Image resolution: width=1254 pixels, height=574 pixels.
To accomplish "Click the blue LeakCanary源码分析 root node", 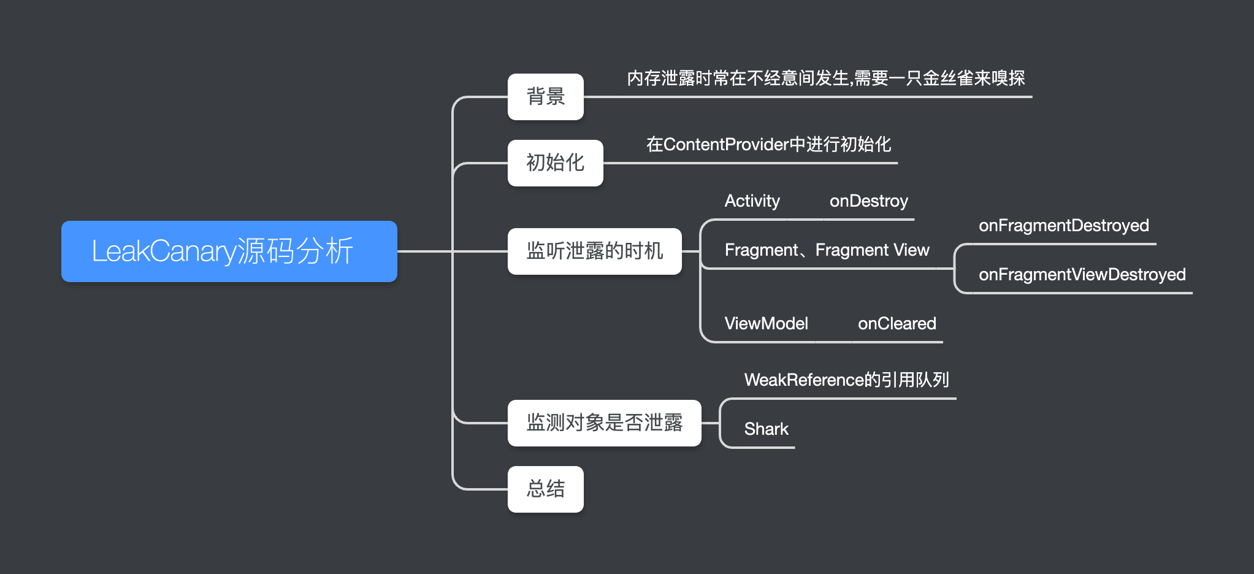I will [229, 251].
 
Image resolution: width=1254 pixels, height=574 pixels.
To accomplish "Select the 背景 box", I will [545, 97].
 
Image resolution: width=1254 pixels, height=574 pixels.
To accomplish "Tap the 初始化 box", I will [555, 163].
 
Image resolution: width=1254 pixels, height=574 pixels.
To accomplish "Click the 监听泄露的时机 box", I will [594, 251].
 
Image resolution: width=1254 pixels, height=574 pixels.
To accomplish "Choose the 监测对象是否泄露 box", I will [604, 423].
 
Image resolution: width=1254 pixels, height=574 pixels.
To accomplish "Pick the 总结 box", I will [545, 489].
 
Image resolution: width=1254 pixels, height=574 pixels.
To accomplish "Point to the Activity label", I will [752, 201].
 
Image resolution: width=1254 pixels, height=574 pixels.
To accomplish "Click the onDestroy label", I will [868, 201].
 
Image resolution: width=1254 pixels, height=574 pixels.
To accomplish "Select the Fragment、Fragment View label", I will [827, 250].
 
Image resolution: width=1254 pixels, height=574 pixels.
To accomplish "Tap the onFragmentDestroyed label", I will [1063, 226].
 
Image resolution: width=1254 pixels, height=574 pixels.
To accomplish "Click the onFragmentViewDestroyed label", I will [1082, 275].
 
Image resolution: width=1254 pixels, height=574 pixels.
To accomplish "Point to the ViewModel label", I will [766, 324].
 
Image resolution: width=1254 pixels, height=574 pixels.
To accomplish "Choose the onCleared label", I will [897, 324].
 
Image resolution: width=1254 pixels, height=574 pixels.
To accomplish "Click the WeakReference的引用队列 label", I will [846, 380].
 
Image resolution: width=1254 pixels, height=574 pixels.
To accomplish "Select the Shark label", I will [766, 429].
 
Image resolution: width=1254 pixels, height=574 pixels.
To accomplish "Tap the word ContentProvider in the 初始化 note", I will [725, 145].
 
